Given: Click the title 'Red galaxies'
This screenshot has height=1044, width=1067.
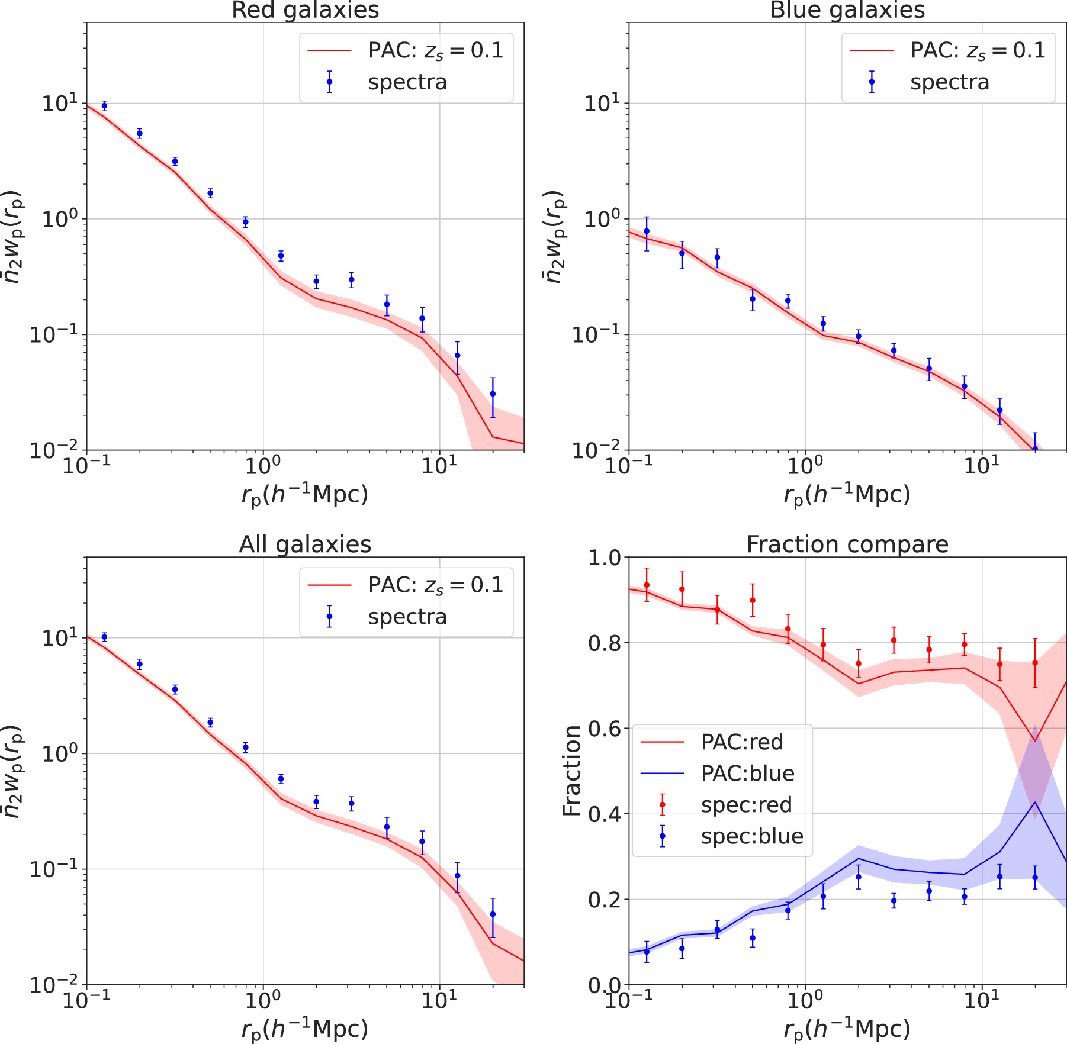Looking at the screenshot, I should (305, 10).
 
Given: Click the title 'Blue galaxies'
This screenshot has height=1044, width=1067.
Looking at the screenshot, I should (847, 10).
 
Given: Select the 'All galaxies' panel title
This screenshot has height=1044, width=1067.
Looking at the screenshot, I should (305, 544).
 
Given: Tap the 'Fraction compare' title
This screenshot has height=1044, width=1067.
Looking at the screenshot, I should (847, 544).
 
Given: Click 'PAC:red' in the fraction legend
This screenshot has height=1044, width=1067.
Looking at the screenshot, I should (742, 742).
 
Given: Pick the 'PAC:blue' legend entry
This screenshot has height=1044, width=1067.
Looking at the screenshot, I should (747, 773).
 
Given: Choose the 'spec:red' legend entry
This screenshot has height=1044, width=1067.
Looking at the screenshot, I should (746, 805).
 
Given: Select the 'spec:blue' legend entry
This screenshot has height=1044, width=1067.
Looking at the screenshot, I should (752, 836).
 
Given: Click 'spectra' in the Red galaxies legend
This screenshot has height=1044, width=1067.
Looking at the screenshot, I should (407, 82).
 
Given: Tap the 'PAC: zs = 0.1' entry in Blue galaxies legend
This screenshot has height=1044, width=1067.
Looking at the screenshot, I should (978, 51).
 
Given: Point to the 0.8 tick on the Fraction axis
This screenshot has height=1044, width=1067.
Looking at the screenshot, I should (605, 643).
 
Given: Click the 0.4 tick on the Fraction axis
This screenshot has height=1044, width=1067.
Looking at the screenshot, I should (605, 814).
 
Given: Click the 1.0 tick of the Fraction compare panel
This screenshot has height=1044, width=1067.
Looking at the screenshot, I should (605, 558).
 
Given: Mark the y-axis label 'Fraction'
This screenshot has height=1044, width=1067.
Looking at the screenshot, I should (572, 771).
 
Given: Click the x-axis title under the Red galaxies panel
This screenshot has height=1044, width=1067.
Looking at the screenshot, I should (305, 495).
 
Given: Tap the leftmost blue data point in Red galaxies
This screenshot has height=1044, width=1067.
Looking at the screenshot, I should (104, 106).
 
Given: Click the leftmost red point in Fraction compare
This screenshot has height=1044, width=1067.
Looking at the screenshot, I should (647, 585).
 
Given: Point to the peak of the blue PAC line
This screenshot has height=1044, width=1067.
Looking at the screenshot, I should (1035, 802).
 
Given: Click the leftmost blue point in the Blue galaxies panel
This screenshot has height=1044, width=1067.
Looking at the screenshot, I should (647, 231).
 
